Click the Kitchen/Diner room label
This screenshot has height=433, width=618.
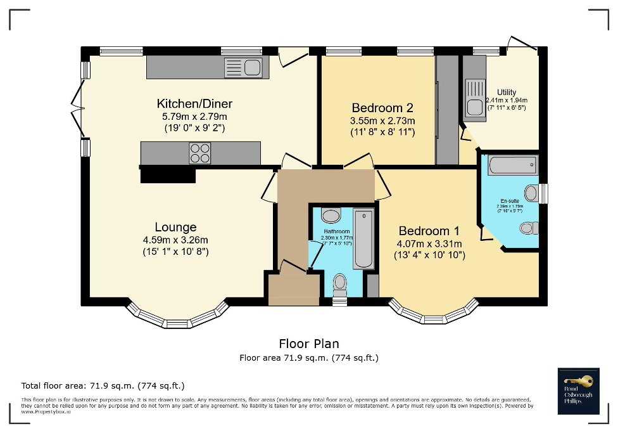coord(186,104)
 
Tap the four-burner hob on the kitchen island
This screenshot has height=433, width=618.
coord(200,153)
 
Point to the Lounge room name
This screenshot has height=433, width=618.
coord(175,227)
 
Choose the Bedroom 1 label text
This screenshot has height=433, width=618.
coord(429,231)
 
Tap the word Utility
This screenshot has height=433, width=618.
coord(507,93)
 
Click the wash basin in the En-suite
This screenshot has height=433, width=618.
coord(531,193)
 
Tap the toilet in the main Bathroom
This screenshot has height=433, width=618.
coord(340,283)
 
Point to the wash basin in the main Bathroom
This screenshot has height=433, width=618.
coord(331,214)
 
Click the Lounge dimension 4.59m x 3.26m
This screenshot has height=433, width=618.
coord(175,240)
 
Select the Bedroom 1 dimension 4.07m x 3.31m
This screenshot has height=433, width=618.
coord(429,244)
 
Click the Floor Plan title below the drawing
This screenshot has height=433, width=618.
coord(308,344)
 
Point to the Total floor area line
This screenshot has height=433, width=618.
coord(103,385)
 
